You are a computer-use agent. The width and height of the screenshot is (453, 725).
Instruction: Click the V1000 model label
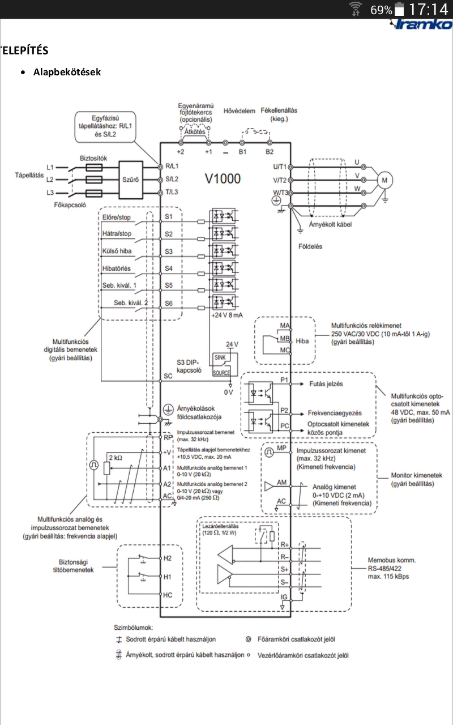coord(223,179)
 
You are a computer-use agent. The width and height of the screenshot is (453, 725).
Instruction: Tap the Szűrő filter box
coord(130,180)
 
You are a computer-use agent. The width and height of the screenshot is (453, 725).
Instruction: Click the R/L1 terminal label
coord(171,167)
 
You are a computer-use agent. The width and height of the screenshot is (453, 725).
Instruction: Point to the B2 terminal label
coord(270,152)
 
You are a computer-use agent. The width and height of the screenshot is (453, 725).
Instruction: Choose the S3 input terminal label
coord(169,250)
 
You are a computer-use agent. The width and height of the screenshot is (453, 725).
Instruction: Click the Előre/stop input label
coord(117,217)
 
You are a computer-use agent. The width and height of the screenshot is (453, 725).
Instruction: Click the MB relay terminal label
coord(284,338)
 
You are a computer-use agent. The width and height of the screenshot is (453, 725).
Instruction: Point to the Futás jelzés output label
coord(326,383)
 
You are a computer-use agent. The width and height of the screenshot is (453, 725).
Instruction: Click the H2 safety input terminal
coord(167,558)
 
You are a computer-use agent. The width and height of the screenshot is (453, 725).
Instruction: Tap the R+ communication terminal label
coord(285,544)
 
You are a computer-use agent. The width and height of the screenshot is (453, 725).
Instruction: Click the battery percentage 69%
coord(381,10)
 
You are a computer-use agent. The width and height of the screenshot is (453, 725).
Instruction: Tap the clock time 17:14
coord(428,10)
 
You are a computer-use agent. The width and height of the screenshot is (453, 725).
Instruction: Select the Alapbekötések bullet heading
coord(67,72)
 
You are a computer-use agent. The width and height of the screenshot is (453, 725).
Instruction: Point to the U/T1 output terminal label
coord(280,167)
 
